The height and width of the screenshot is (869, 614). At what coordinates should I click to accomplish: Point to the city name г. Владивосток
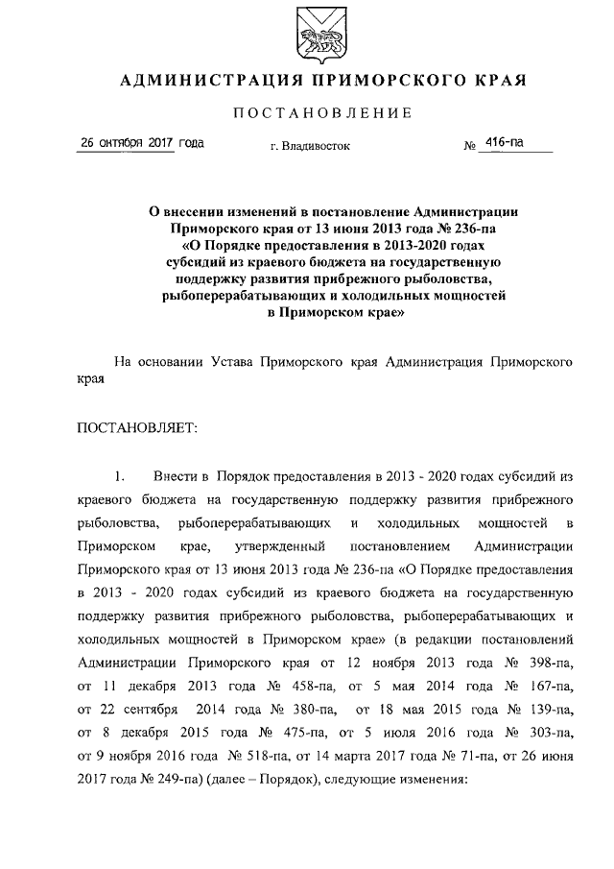[x=310, y=147]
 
